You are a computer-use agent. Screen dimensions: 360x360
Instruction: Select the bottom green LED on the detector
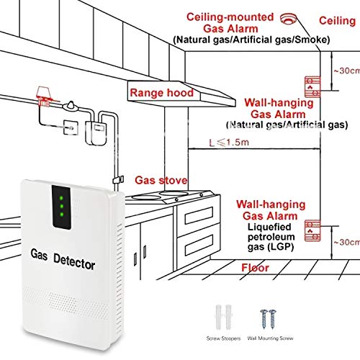pyautogui.click(x=62, y=215)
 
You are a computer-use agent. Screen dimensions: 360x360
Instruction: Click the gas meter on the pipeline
pyautogui.click(x=92, y=130)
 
